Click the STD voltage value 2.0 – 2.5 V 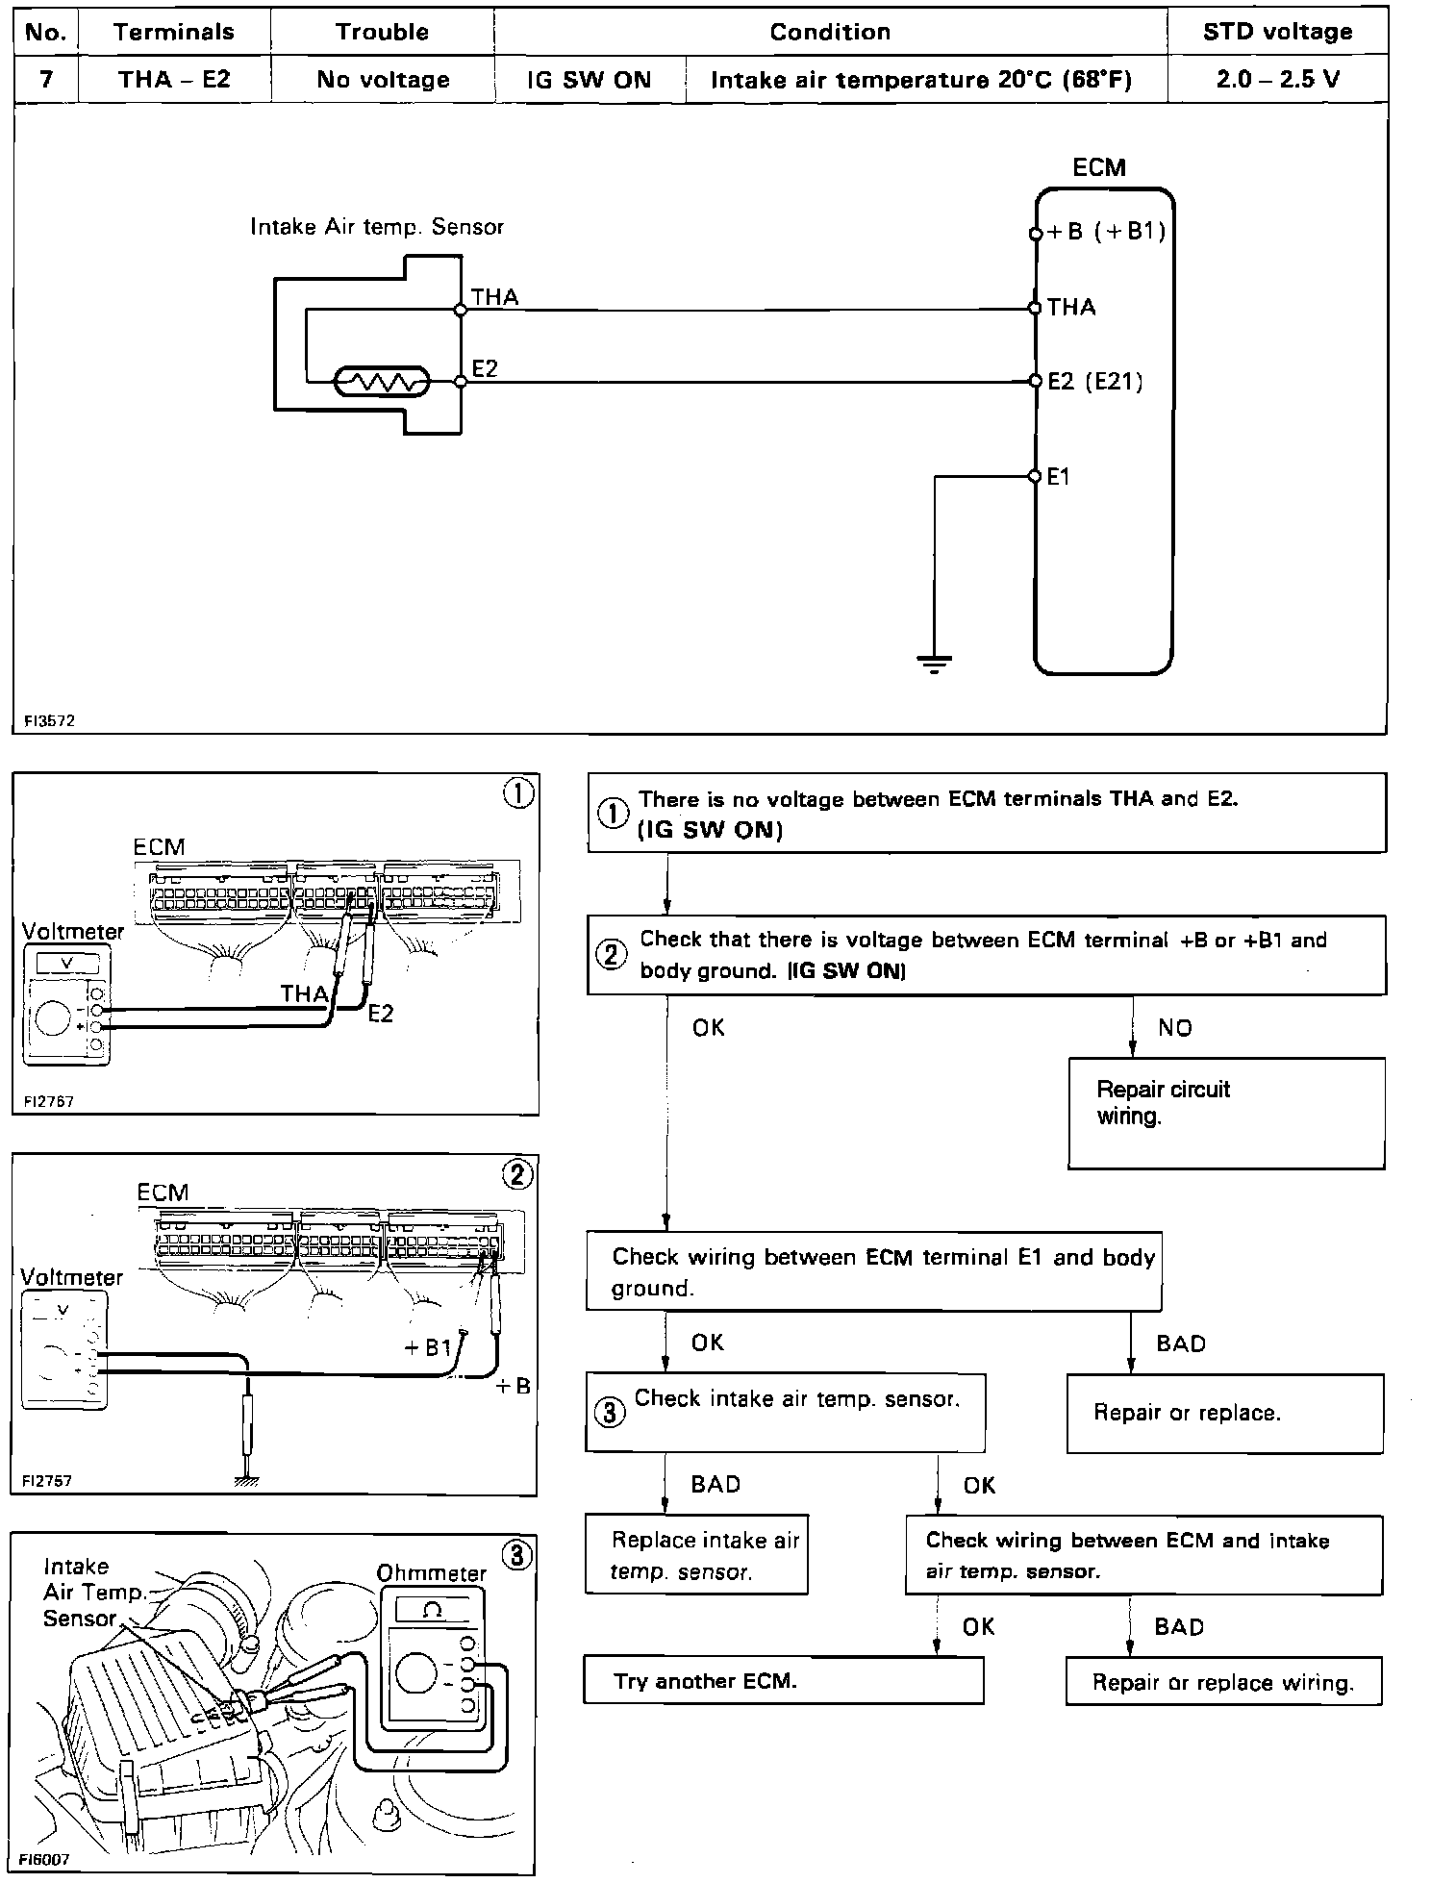coord(1277,79)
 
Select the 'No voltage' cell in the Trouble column coord(383,79)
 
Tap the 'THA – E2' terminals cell coord(174,79)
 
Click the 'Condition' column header coord(830,32)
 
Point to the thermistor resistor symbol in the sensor coord(382,383)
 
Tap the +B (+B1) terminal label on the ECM coord(1106,232)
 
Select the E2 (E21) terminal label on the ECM coord(1095,382)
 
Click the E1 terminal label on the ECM coord(1058,476)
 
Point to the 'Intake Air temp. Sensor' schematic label coord(377,227)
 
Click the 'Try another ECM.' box coord(783,1681)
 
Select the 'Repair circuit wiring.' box coord(1225,1113)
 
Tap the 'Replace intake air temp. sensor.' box coord(696,1555)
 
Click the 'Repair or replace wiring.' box coord(1222,1682)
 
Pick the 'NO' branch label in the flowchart coord(1174,1028)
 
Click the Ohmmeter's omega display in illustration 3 coord(432,1611)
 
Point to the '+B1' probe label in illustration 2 coord(428,1348)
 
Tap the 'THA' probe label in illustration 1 coord(304,993)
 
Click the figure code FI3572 coord(49,720)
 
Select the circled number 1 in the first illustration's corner coord(518,794)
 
